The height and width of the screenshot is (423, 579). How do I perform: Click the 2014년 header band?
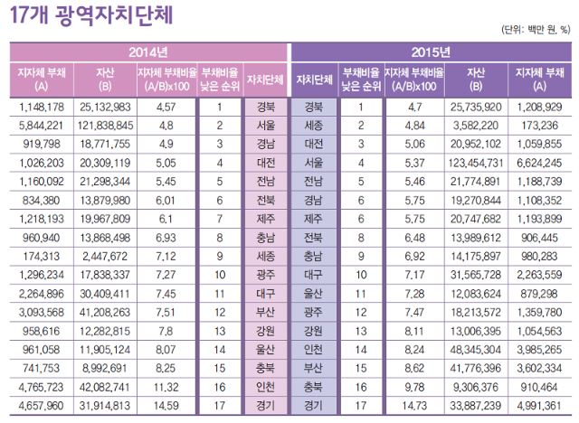147,51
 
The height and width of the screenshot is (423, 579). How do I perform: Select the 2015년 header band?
431,51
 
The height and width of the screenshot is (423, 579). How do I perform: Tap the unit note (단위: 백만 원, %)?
534,29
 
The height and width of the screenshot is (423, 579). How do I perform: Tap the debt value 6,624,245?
540,163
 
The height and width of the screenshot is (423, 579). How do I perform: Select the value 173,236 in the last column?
540,124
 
